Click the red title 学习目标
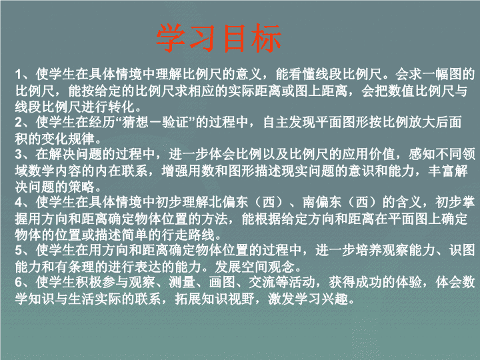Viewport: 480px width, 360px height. (x=219, y=38)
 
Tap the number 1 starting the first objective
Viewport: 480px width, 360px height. (x=19, y=75)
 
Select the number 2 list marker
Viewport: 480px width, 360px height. (x=19, y=123)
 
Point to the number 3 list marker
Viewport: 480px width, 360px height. (x=19, y=154)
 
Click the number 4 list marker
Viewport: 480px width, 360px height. (x=19, y=203)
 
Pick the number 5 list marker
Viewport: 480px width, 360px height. (x=19, y=251)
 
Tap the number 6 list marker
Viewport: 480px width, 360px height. (x=19, y=282)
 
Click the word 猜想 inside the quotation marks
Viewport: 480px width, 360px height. (x=135, y=123)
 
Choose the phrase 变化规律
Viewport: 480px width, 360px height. (x=68, y=139)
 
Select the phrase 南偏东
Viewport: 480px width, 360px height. (x=321, y=203)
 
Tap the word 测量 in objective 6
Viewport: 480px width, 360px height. (x=182, y=282)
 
